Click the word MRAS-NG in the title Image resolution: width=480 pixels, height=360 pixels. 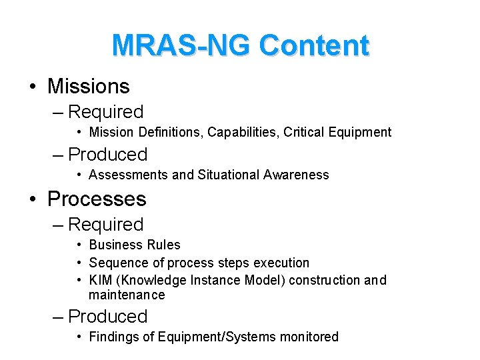pos(181,45)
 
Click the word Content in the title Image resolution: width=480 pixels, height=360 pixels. pos(314,45)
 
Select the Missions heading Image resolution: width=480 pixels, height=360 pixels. pos(89,86)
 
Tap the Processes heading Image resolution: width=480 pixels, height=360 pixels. pos(97,199)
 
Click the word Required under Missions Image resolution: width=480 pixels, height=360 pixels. pos(105,112)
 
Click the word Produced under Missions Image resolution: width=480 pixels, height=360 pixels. pos(107,154)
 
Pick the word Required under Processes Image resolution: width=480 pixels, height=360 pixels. pos(105,225)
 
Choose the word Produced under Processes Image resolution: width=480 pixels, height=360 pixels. pos(107,316)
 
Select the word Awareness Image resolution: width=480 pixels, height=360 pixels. pos(296,175)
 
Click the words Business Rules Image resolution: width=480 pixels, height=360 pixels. pos(134,245)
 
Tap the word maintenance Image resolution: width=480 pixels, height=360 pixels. pos(127,295)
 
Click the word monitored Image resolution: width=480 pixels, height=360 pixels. pos(309,337)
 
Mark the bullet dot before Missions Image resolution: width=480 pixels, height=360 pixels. pos(32,87)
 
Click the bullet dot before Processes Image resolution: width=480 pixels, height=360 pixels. pos(32,199)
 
